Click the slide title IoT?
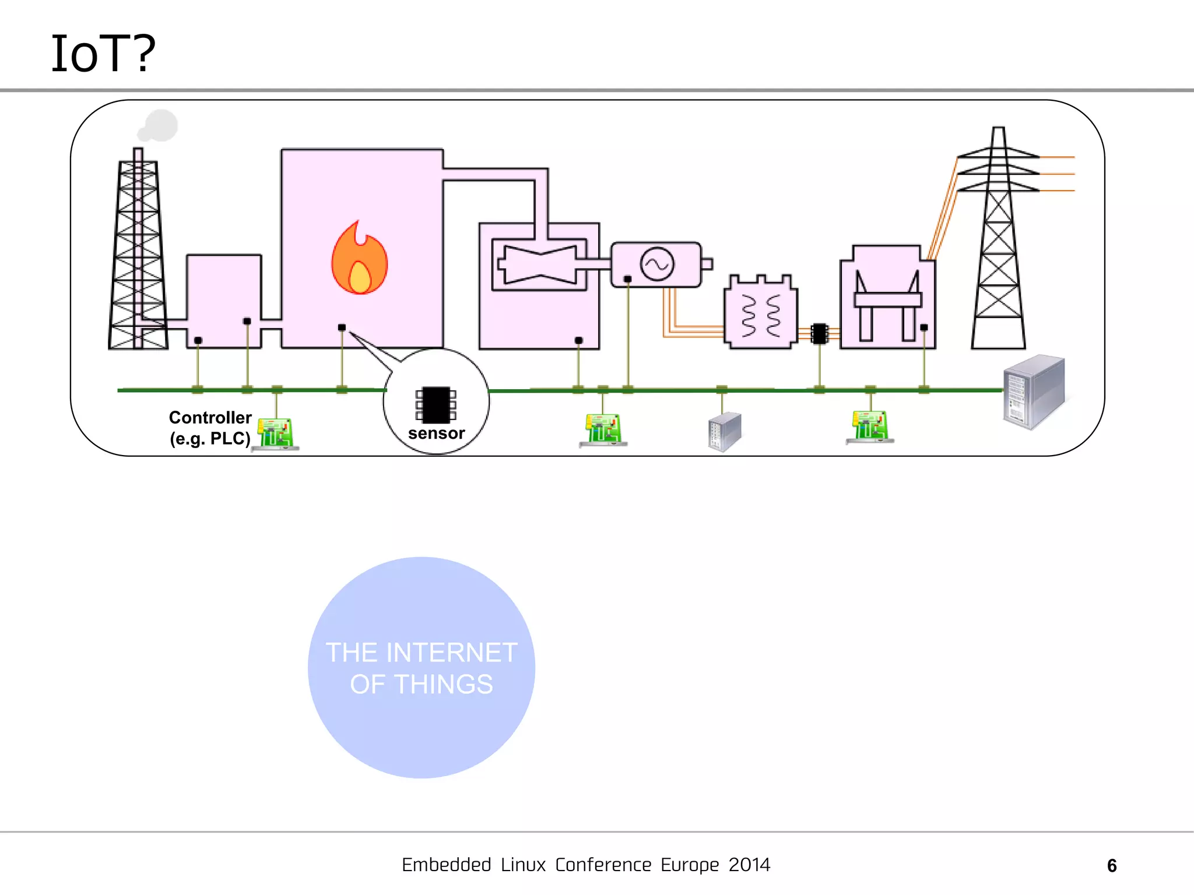[103, 54]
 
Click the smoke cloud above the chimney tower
[158, 126]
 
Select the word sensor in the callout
[436, 434]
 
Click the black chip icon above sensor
[436, 404]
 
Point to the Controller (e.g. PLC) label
[210, 428]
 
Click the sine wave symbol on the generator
[657, 264]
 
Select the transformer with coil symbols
[760, 313]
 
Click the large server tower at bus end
[1034, 391]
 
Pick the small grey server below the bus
[724, 432]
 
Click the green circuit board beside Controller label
[276, 434]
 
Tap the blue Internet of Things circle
[421, 667]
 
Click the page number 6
[1111, 866]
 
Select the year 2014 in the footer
[749, 865]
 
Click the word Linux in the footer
[523, 865]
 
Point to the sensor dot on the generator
[627, 279]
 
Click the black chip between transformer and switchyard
[819, 334]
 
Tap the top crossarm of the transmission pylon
[998, 153]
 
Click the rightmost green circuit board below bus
[870, 427]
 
